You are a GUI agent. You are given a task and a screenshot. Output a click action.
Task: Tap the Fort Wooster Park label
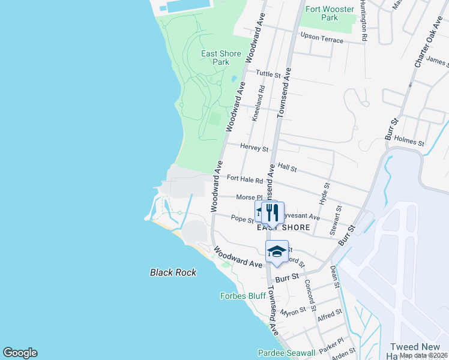329,13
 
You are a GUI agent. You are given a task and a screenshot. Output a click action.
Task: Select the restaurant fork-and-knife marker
273,212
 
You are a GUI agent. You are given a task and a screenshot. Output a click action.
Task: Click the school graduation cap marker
277,251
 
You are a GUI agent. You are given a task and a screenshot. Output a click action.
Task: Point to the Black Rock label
173,272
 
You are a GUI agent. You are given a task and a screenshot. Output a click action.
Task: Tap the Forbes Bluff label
243,296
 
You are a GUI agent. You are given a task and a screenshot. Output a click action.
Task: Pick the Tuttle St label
268,74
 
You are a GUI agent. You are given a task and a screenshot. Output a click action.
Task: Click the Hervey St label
254,147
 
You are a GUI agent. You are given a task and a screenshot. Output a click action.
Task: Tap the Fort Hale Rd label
245,179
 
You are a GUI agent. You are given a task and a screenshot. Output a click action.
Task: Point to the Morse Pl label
249,197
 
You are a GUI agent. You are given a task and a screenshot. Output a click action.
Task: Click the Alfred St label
330,314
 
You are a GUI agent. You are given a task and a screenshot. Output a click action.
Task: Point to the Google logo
20,353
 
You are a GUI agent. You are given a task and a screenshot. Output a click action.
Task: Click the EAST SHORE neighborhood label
283,227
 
